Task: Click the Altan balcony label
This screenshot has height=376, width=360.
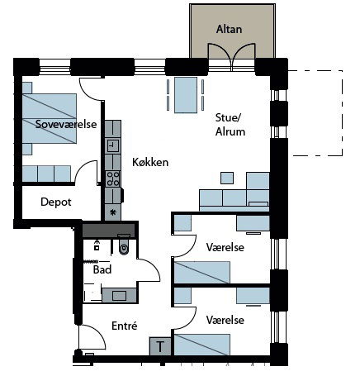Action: [x=229, y=29]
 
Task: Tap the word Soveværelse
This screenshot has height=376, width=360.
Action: [x=66, y=124]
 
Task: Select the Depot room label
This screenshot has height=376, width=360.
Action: [x=56, y=202]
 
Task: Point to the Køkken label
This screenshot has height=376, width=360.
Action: [x=150, y=162]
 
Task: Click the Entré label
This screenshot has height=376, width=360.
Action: [x=125, y=326]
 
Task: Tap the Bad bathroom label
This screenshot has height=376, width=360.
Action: [x=102, y=269]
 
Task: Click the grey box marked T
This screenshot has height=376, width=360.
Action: [x=160, y=346]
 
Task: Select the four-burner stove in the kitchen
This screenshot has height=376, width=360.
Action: [x=113, y=178]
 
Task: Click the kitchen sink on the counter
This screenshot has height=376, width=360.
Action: [x=113, y=145]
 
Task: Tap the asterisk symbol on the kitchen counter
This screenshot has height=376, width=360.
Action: [x=112, y=212]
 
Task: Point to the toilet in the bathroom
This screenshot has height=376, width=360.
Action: [x=124, y=245]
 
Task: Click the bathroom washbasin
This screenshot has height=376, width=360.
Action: [x=119, y=296]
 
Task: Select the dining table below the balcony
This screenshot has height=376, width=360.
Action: [x=186, y=95]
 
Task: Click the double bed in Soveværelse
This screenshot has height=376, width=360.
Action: [x=50, y=118]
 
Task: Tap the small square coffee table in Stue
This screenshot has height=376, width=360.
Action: [x=227, y=178]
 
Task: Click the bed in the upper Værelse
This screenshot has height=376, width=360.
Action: [x=202, y=273]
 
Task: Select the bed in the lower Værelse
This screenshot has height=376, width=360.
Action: [x=202, y=345]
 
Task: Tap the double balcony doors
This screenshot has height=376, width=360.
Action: [x=232, y=57]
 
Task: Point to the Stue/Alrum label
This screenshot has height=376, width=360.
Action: [x=230, y=125]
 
